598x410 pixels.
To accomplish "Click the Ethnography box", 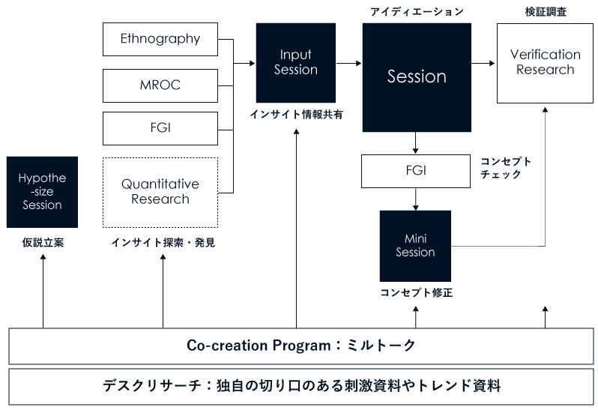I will (160, 39).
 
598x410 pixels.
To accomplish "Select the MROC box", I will (160, 85).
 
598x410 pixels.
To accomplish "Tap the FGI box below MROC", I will (160, 128).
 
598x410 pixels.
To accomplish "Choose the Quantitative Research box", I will (160, 192).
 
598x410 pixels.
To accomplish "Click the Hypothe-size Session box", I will (42, 192).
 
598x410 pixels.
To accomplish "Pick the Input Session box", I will (295, 62).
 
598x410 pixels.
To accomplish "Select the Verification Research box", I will (545, 62).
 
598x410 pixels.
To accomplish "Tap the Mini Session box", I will (415, 245).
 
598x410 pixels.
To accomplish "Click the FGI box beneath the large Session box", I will (416, 171).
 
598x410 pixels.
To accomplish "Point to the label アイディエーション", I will (417, 12).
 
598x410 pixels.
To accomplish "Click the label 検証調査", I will (545, 12).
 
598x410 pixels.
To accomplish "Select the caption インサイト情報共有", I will (295, 114).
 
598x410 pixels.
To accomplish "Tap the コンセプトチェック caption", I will (506, 168).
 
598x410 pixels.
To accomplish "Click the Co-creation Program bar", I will (300, 346).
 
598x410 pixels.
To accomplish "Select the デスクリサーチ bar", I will (300, 387).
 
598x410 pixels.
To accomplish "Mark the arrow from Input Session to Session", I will (348, 64).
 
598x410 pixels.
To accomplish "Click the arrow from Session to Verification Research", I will (483, 64).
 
